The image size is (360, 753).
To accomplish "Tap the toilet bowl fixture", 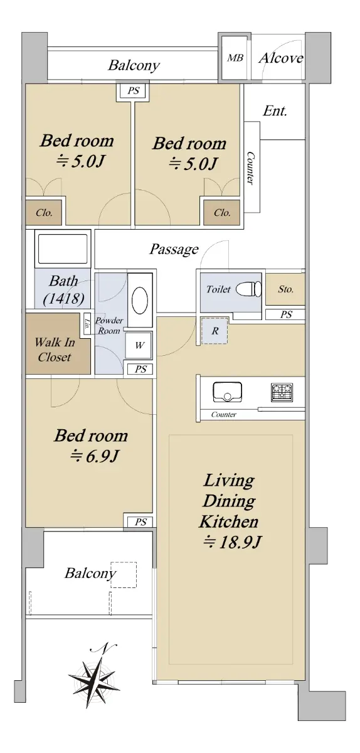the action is pos(248,289).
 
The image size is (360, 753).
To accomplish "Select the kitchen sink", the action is pos(227,392).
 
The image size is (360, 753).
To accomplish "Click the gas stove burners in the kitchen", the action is pos(282,393).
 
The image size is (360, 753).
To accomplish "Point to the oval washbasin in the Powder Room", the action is pos(140,300).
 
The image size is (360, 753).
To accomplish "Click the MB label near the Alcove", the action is pos(235,58).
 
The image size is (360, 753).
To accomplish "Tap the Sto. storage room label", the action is pos(286,289).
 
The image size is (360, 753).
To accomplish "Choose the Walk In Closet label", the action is pos(54,350).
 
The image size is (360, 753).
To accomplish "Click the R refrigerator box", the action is pos(214,331).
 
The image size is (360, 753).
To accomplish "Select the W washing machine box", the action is pos(139,345).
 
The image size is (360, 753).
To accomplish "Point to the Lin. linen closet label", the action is pos(87,325).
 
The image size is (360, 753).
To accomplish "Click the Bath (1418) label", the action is pos(63,290).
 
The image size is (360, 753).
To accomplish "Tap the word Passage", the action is pos(174,250).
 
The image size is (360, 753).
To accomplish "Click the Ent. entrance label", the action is pos(275,110).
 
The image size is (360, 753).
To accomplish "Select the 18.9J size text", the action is pos(232,542).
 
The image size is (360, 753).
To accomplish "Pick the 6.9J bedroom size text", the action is pos(94,456).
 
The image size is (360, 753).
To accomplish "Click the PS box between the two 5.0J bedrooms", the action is pos(133,91).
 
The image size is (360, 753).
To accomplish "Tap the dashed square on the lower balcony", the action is pos(124,575).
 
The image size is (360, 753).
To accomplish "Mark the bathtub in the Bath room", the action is pos(63,248).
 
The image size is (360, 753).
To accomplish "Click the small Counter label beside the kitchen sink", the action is pos(223,415).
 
